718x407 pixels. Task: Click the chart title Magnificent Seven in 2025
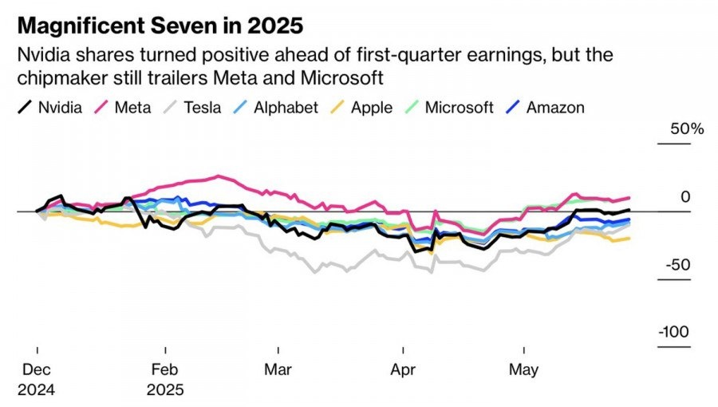[x=160, y=26]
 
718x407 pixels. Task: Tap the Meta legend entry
[x=124, y=107]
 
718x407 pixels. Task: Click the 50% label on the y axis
[x=687, y=128]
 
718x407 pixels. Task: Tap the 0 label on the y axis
[x=685, y=197]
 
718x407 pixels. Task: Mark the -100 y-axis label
[x=675, y=332]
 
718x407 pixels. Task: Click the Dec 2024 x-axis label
[x=37, y=380]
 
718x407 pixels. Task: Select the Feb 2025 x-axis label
[x=165, y=380]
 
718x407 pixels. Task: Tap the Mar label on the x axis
[x=279, y=370]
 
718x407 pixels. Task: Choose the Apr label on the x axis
[x=404, y=370]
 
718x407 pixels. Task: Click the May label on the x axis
[x=524, y=370]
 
